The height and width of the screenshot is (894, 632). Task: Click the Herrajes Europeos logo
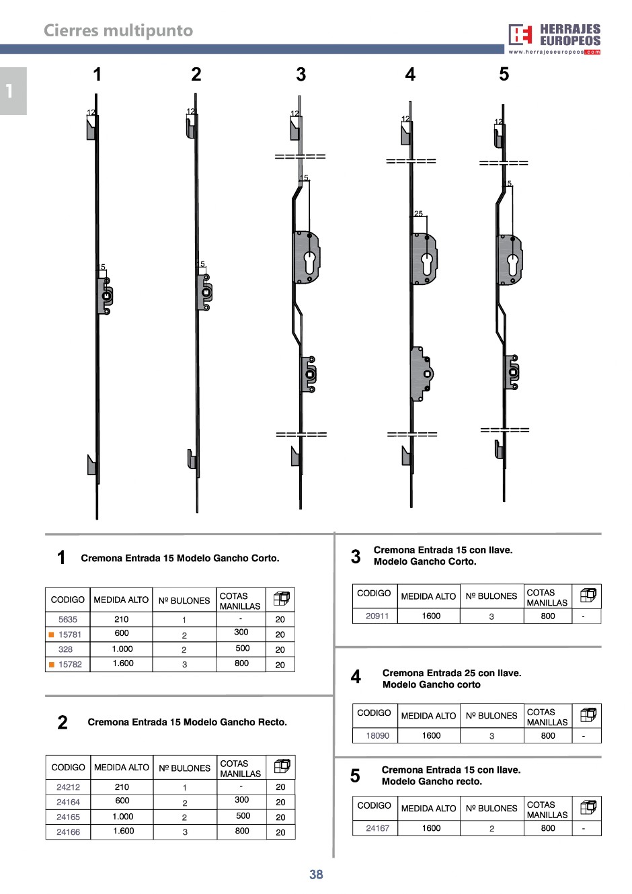click(554, 39)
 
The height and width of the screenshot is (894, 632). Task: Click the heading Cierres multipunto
click(118, 30)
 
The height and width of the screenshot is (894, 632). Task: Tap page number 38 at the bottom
click(316, 874)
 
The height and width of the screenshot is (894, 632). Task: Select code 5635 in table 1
click(67, 620)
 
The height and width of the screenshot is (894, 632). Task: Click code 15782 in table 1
click(70, 664)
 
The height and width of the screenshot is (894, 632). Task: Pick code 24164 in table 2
click(68, 802)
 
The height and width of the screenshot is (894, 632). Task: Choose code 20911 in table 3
click(377, 616)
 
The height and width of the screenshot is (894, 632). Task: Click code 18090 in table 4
click(377, 735)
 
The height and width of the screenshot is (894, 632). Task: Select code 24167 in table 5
click(377, 828)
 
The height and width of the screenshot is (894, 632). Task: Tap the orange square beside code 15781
click(51, 635)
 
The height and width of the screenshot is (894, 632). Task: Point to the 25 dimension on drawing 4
click(418, 214)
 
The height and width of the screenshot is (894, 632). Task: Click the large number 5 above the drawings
click(504, 74)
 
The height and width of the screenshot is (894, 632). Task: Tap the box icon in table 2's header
click(282, 766)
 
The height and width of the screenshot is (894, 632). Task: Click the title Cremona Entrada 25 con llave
click(452, 673)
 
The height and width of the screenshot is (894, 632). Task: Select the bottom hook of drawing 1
click(93, 465)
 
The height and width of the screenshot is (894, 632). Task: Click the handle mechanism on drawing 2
click(204, 292)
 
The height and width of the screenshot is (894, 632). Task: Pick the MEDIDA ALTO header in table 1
click(121, 600)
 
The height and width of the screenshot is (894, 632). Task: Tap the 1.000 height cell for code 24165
click(123, 816)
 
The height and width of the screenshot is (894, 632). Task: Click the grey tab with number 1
click(13, 91)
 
